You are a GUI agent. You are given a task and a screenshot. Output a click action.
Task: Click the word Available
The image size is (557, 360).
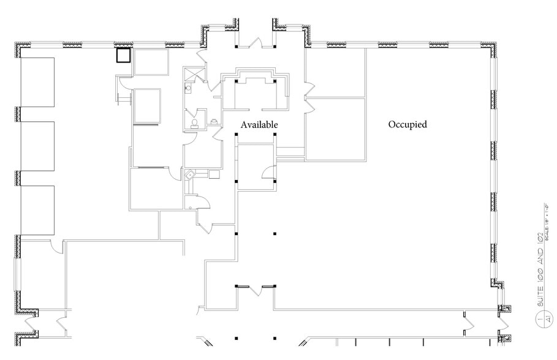tap(259, 125)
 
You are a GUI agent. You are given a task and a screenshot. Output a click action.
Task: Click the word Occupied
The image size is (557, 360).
tap(407, 124)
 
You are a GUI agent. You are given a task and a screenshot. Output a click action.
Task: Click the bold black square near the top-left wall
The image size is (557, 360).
tap(124, 56)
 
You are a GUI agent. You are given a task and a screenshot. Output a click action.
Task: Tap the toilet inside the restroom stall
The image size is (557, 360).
tap(195, 122)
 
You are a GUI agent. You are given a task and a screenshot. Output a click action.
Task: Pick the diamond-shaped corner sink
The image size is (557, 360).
tap(191, 174)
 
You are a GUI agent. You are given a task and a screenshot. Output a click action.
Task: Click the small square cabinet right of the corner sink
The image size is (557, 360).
tap(214, 174)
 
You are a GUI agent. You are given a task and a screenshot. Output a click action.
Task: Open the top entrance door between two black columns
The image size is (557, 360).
tap(256, 43)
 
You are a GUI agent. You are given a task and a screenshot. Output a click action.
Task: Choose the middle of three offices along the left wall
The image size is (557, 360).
tap(38, 145)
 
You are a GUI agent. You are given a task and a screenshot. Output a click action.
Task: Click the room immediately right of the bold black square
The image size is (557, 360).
tap(151, 62)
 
